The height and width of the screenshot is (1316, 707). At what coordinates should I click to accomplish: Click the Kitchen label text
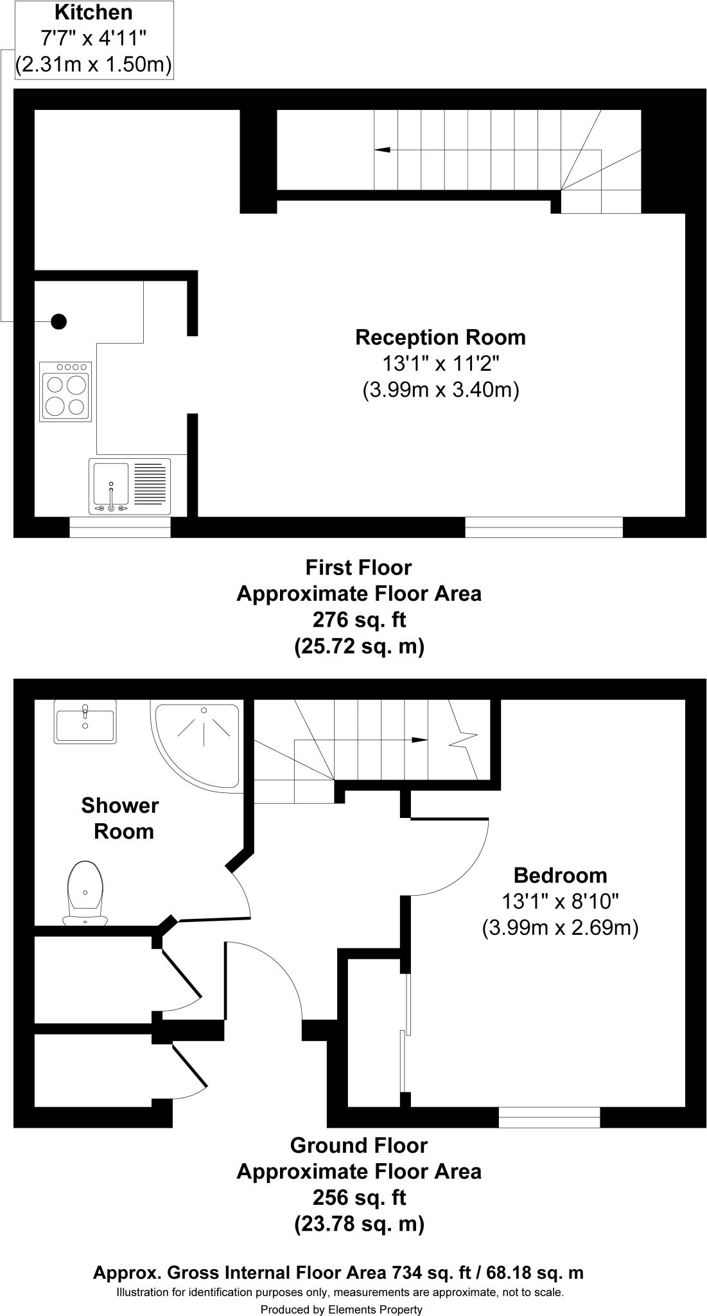pos(94,12)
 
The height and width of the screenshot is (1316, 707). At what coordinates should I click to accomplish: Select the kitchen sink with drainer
pos(130,486)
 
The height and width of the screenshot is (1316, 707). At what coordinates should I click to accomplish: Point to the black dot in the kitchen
pos(58,321)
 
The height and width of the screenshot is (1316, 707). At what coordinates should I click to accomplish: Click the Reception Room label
pos(441,337)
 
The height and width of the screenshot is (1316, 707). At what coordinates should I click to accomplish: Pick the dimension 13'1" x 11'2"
pos(441,364)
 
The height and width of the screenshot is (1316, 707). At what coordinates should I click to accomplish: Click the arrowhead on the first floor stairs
pos(382,150)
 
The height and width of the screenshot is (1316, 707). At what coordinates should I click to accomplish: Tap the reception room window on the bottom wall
pos(543,528)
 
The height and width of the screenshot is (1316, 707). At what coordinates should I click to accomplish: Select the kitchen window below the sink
pos(119,528)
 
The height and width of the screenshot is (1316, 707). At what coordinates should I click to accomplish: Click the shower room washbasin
pos(85,722)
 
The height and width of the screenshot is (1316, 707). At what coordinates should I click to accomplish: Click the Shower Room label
pos(120,818)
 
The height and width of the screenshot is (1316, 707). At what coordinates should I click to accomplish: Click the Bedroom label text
pos(560,875)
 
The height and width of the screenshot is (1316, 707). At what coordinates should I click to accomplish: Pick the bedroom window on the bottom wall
pos(549,1117)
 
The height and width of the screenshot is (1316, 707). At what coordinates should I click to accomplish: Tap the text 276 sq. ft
pos(359,620)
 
